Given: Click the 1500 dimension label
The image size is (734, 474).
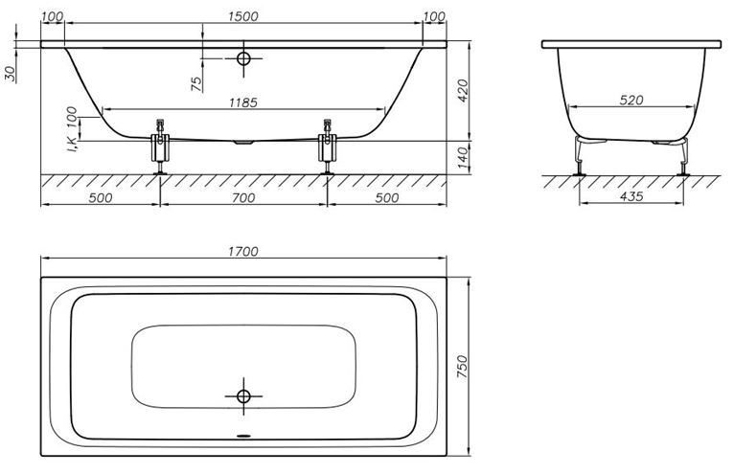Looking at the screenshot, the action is click(x=243, y=16).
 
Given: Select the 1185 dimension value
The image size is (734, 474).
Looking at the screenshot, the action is click(x=243, y=102).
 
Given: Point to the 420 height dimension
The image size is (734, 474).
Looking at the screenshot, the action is click(x=463, y=91).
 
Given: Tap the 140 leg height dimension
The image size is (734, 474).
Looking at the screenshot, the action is click(x=463, y=158).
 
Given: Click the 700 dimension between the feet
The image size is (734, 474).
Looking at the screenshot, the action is click(x=243, y=198).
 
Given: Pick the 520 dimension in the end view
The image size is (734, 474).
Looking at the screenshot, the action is click(x=631, y=101).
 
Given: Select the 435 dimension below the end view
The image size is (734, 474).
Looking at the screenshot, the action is click(x=631, y=196).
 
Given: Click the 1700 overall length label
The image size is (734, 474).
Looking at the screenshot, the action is click(x=243, y=252).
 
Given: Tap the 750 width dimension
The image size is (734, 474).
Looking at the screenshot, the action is click(x=462, y=368).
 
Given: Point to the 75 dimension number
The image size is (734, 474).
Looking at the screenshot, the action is click(x=197, y=83).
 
